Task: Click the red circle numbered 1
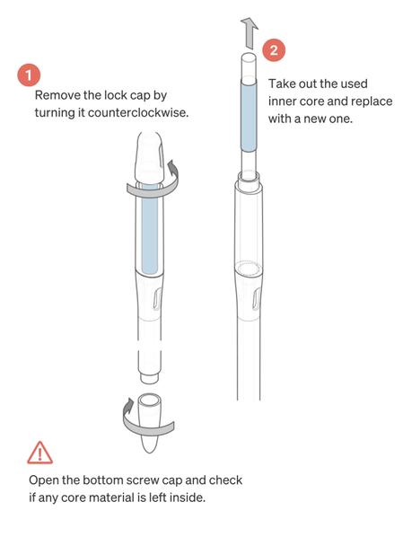click(x=29, y=75)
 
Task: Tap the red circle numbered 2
click(x=274, y=50)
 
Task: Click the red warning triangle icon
click(x=39, y=453)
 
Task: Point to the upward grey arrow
click(x=250, y=32)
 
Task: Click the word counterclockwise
click(x=138, y=112)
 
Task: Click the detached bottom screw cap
click(x=150, y=423)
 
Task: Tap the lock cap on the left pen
click(x=150, y=156)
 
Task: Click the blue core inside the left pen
click(x=150, y=228)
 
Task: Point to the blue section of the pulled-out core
click(x=249, y=115)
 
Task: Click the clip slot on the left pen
click(x=157, y=299)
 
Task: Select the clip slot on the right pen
click(x=257, y=299)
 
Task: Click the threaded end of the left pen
click(x=150, y=377)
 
